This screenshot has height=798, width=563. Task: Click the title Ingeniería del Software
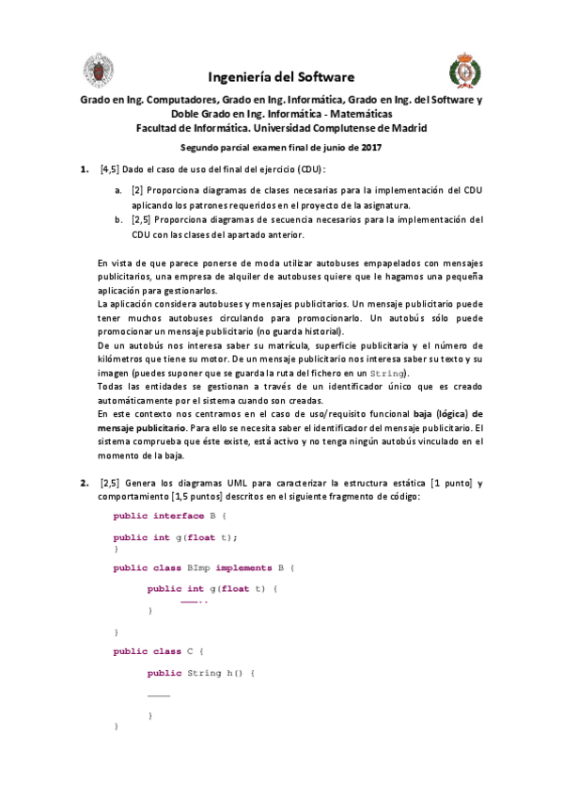point(281,76)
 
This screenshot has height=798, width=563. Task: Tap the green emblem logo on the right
point(462,70)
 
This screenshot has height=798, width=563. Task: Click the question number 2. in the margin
point(83,483)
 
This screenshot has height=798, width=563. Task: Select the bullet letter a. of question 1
point(118,189)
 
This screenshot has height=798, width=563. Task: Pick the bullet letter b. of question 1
point(118,220)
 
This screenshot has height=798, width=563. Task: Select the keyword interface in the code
point(179,516)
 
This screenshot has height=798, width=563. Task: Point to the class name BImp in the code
point(198,567)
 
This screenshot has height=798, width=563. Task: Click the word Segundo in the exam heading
point(203,147)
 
